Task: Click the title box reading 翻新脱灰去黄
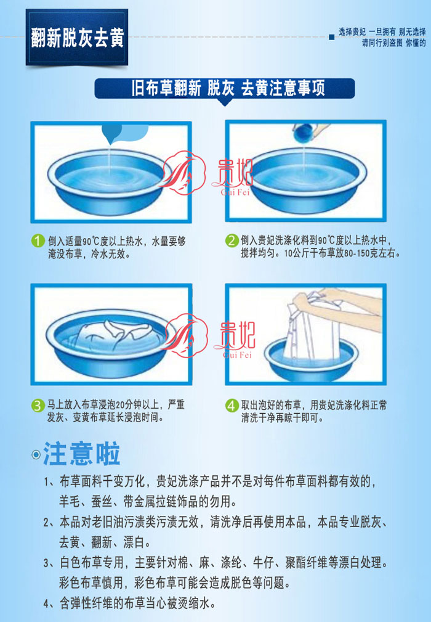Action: (77, 37)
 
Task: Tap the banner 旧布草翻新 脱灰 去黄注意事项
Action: (225, 88)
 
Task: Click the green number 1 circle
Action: (38, 241)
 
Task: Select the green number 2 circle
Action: (232, 240)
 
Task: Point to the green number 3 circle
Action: (38, 406)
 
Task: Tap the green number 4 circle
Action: (232, 406)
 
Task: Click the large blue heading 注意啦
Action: (82, 454)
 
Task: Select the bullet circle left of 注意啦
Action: (36, 454)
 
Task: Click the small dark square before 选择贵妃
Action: (332, 37)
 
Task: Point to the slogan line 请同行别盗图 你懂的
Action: (393, 43)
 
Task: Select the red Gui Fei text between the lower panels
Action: (236, 354)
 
